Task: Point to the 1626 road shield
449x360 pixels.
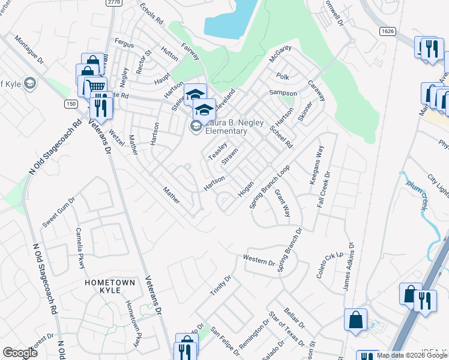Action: (x=387, y=30)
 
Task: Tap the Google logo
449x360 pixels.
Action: (x=20, y=352)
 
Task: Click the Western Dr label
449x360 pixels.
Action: (x=259, y=260)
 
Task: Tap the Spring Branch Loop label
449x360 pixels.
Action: (x=270, y=187)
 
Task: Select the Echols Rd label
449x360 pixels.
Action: (x=151, y=12)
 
